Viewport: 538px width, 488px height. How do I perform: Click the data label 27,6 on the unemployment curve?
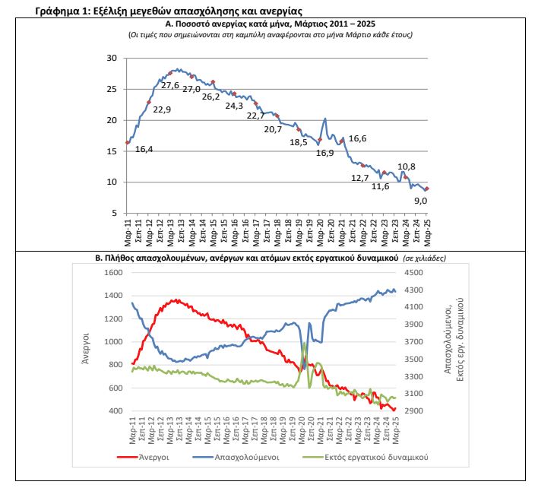(170, 85)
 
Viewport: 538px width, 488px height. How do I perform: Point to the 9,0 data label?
(421, 201)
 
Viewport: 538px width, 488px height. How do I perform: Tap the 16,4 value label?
(144, 149)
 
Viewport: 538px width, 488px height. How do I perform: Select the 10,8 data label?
(407, 166)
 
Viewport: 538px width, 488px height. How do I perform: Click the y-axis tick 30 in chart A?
(112, 58)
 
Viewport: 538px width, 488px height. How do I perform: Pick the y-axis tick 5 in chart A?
(115, 213)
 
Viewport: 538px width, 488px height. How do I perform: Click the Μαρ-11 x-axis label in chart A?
(128, 233)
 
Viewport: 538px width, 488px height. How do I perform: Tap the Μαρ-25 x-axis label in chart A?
(428, 233)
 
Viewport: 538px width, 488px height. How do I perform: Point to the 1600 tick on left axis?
(113, 272)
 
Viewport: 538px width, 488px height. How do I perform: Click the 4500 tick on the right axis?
(414, 272)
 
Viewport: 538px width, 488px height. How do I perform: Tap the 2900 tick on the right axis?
(414, 410)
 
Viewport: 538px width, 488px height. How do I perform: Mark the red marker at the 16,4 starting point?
(128, 142)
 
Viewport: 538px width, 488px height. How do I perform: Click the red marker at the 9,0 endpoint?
(427, 189)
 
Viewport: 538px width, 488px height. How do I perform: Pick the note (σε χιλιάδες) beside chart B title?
(425, 258)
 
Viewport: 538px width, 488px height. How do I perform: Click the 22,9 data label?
(162, 109)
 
